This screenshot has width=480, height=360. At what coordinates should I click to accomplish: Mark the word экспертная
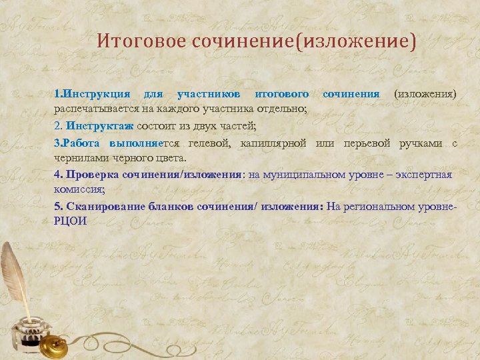point(422,175)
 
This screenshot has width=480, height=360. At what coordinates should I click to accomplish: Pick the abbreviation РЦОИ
point(70,221)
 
